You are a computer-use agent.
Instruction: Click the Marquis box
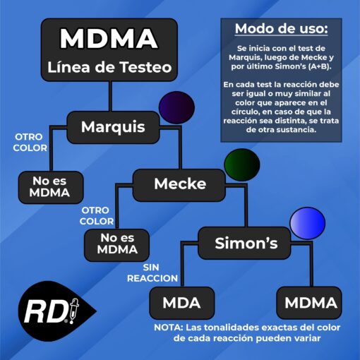tap(113, 127)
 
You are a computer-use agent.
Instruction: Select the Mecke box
tap(179, 185)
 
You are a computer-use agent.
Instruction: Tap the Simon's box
tap(244, 243)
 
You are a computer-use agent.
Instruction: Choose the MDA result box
tap(182, 303)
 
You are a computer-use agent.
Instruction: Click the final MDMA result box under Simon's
tap(309, 303)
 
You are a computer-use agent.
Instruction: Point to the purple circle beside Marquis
tap(176, 107)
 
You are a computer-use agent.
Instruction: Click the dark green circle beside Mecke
tap(242, 165)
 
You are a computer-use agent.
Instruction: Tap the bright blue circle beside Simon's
tap(308, 223)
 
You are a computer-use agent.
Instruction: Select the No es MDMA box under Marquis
tap(51, 187)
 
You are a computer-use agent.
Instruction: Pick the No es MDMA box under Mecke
tap(116, 245)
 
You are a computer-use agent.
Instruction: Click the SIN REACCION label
tap(152, 273)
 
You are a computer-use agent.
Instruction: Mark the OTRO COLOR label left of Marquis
tap(30, 143)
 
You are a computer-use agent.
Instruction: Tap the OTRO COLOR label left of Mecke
tap(97, 216)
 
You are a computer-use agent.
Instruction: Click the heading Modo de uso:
tap(281, 29)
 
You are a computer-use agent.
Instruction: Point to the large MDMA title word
tap(109, 39)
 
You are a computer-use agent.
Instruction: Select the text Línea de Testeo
tap(109, 67)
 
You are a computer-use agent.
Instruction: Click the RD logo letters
tap(45, 312)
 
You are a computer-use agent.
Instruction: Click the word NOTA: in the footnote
tap(169, 328)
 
